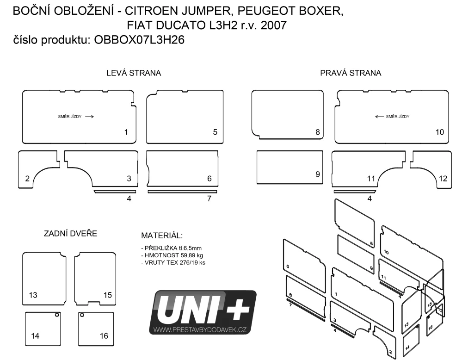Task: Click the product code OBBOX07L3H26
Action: point(139,40)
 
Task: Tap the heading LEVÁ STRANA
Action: point(134,73)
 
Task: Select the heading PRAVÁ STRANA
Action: point(351,73)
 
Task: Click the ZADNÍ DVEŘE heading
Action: point(70,234)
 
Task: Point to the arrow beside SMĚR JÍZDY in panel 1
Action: point(89,117)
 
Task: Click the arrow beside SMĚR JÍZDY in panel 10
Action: point(379,117)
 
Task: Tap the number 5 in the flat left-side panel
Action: point(215,132)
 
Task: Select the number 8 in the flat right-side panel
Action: point(318,132)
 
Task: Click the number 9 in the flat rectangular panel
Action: point(318,174)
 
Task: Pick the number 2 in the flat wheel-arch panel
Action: point(27,178)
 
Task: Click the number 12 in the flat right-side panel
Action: point(443,178)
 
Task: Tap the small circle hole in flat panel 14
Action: point(57,315)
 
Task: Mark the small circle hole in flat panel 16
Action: point(82,315)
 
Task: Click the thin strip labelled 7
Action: point(182,192)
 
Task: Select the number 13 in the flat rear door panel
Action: point(33,295)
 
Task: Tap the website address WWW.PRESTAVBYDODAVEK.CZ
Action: point(200,329)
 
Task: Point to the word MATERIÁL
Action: point(162,236)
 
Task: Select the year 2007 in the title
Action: point(273,25)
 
